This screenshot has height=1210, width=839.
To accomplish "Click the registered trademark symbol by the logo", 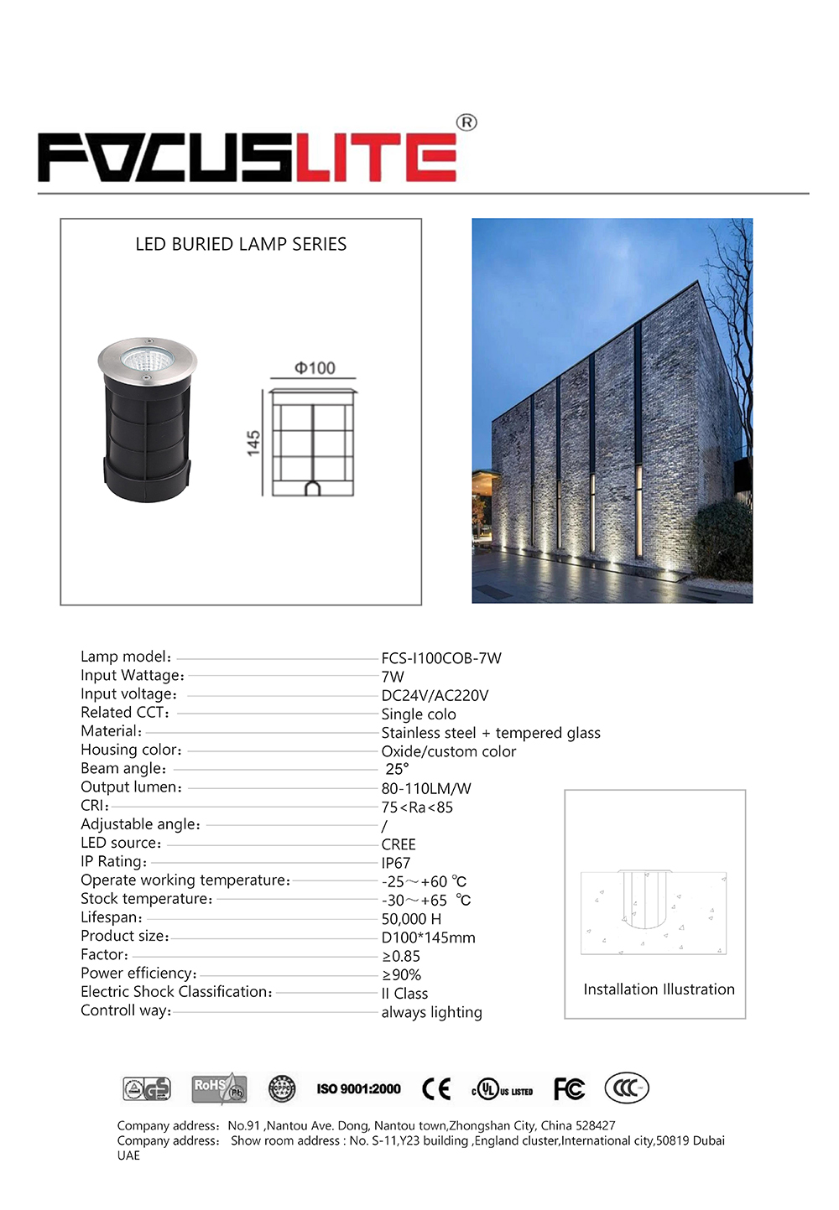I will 466,122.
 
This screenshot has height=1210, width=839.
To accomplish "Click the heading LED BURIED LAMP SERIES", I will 241,244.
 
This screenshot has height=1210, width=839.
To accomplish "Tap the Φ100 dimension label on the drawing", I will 315,368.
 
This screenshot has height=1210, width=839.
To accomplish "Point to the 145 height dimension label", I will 253,443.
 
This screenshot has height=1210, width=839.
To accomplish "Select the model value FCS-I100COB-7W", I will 441,658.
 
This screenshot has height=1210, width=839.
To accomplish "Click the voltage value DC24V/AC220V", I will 435,695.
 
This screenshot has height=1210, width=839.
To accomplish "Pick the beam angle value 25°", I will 397,769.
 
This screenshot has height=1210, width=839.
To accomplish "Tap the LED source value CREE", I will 399,844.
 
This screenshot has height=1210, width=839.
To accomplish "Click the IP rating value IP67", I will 396,863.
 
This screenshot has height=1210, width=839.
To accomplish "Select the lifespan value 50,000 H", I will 411,919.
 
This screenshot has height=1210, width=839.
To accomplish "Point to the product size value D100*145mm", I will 428,937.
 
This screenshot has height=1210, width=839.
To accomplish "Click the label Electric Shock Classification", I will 176,992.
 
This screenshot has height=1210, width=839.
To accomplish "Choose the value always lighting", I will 431,1012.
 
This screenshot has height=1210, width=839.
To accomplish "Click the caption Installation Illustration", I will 659,989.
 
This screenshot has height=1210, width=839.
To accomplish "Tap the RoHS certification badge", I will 219,1088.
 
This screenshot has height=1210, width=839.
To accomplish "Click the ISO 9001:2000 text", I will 358,1089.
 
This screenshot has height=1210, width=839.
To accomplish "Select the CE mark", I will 436,1089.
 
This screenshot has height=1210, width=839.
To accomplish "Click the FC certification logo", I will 569,1089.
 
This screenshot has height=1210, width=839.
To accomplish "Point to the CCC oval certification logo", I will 627,1088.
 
